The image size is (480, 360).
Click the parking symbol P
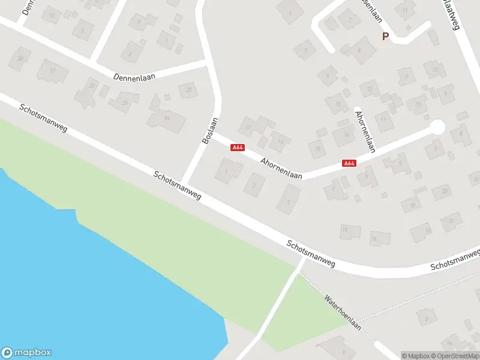(386, 36)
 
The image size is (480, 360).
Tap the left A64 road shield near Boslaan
(238, 148)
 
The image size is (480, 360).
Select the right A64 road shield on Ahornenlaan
(349, 163)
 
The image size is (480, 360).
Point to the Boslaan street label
(209, 129)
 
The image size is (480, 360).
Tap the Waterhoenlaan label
(342, 311)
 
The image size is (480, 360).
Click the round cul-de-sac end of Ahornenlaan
(437, 127)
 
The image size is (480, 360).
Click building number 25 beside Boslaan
(188, 91)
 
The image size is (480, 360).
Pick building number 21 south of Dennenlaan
(52, 71)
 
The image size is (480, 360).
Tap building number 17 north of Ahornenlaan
(248, 127)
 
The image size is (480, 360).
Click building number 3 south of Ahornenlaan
(289, 200)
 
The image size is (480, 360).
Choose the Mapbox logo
(26, 353)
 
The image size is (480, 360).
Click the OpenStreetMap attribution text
(456, 356)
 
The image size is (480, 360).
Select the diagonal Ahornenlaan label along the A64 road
(282, 167)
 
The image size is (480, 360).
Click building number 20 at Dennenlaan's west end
(20, 58)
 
